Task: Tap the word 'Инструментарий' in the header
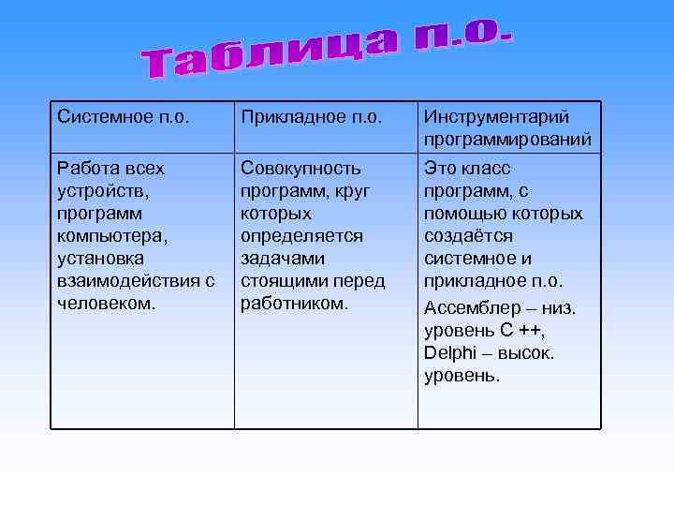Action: (x=496, y=118)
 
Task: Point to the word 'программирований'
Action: (x=507, y=141)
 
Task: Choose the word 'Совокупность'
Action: (x=300, y=169)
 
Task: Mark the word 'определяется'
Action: (x=301, y=236)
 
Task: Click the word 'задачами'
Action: (x=282, y=259)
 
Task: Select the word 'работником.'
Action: (x=294, y=304)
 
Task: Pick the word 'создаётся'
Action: (x=468, y=236)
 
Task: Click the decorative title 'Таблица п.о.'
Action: (x=328, y=52)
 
